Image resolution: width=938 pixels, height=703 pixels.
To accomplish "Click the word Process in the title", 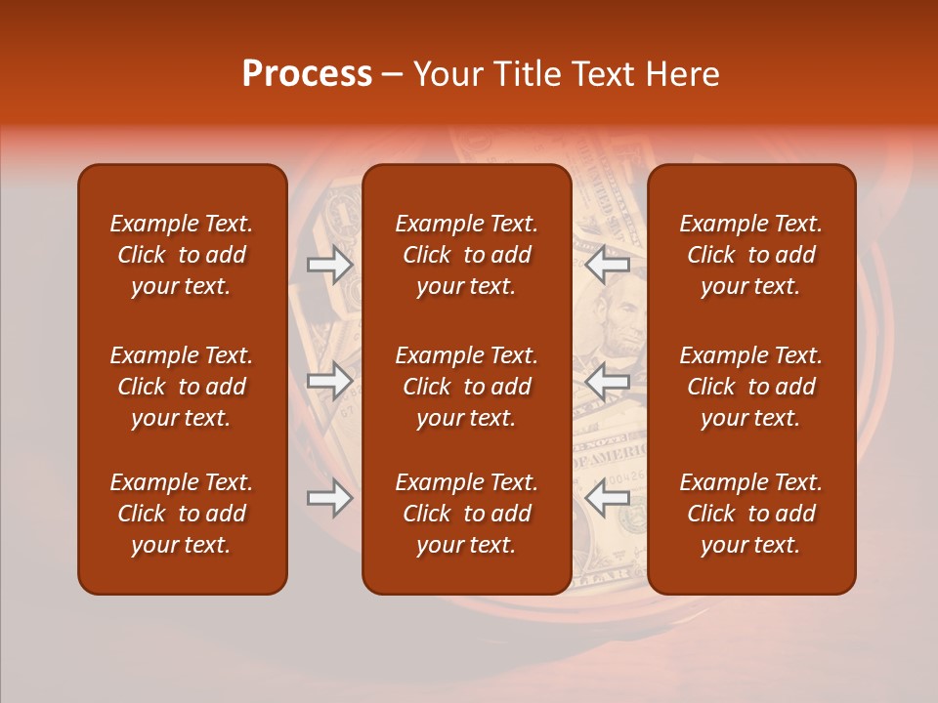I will [307, 74].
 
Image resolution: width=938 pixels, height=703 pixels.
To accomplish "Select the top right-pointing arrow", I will [329, 265].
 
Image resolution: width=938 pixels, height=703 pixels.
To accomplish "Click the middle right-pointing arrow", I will [329, 381].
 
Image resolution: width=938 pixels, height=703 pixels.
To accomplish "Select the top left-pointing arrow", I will [608, 265].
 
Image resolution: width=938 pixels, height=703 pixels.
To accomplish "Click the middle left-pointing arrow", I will [608, 381].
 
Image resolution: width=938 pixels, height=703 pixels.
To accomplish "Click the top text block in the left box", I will [182, 255].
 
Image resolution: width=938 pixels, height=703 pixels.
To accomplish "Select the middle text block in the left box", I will [182, 387].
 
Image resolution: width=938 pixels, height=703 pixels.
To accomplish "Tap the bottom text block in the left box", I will [182, 514].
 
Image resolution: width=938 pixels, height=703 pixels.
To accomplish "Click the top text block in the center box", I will [467, 255].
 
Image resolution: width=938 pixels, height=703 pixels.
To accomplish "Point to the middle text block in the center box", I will [467, 387].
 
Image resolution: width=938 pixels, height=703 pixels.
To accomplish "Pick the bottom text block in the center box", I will [467, 514].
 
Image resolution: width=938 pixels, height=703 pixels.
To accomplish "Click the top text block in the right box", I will [751, 255].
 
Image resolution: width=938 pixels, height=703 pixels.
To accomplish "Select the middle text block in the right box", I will [751, 387].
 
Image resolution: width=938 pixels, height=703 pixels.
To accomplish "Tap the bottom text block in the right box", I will [751, 514].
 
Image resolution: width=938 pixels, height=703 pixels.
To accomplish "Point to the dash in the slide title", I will [393, 75].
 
